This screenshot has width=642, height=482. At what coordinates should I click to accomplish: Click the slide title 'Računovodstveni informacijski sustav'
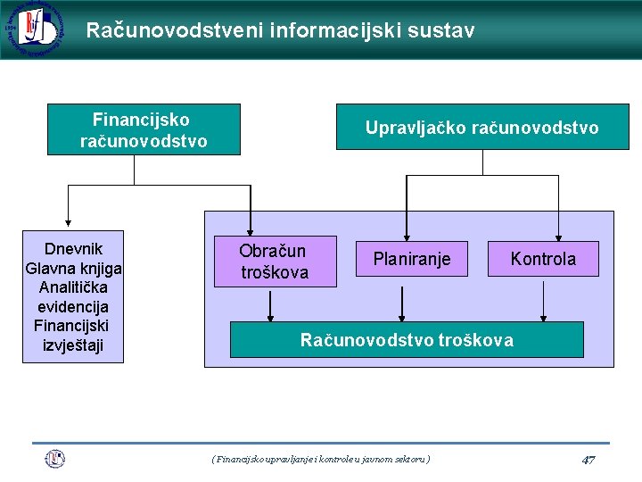coord(280,30)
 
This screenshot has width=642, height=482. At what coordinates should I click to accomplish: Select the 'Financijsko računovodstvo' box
coord(144,129)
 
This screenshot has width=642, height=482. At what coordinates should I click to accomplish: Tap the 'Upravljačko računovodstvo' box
coord(481,128)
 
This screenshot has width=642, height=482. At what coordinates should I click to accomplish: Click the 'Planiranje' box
coord(411,259)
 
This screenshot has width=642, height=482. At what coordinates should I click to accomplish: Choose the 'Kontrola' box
coord(543,259)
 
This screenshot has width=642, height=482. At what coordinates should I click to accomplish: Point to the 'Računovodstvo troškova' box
coord(407,340)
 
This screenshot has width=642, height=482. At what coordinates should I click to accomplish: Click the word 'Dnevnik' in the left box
coord(73,248)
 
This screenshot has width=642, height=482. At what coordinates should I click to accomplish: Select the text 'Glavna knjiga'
coord(74,268)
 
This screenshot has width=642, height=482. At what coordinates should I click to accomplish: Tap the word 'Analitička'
coord(73,287)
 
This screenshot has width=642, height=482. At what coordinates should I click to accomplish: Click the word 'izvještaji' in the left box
coord(73,345)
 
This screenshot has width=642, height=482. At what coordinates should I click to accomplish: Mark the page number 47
coord(588,460)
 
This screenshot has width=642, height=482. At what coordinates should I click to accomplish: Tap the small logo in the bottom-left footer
coord(55,459)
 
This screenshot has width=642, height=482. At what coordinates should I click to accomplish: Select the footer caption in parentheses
coord(321,459)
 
